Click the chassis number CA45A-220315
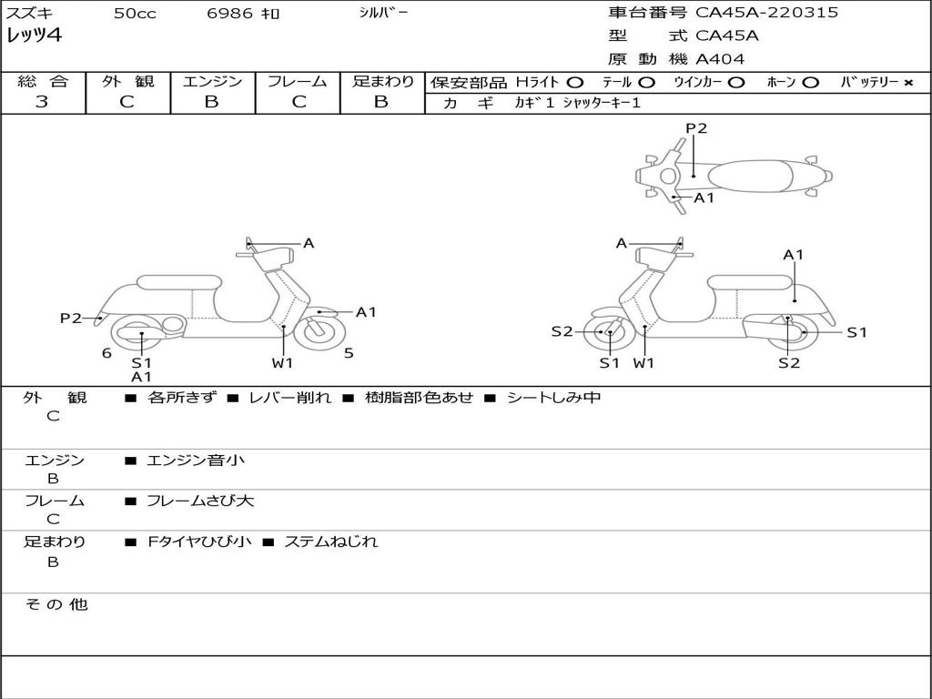pos(766,13)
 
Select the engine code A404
pos(720,59)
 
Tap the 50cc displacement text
pos(133,14)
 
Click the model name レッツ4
pos(34,36)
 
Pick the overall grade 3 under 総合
pos(42,102)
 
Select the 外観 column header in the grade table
pos(127,82)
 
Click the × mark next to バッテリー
pos(907,83)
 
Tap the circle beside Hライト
pos(575,83)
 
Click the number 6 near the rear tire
pos(106,353)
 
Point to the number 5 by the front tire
pos(349,353)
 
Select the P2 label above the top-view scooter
pos(696,128)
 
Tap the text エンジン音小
pos(196,461)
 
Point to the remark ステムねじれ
pos(330,542)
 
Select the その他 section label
pos(56,604)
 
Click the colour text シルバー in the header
pos(383,13)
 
